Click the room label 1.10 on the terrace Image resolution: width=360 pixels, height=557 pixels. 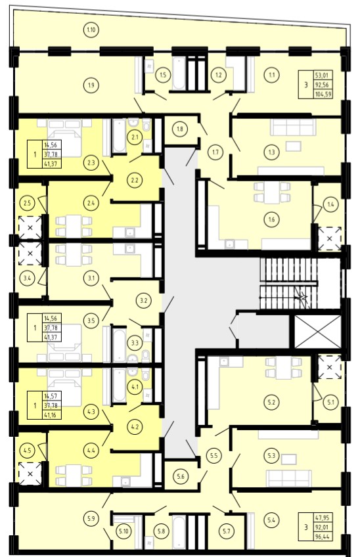[91, 30]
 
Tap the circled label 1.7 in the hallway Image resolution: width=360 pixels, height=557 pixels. [215, 152]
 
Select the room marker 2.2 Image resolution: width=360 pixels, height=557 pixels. [135, 180]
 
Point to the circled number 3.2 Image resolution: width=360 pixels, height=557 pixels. [144, 301]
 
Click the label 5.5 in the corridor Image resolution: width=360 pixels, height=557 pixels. [214, 455]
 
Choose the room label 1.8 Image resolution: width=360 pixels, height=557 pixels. [180, 129]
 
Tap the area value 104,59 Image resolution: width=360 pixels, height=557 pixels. [323, 94]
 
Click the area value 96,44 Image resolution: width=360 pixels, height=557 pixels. [323, 537]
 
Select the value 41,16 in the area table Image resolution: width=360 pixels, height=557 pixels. [52, 414]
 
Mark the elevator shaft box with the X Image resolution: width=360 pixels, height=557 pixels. [318, 332]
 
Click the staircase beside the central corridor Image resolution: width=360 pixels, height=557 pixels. [288, 284]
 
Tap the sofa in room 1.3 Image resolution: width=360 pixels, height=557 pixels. [293, 127]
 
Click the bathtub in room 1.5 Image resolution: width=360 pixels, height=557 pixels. [179, 74]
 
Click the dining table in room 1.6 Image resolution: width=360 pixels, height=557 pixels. [273, 192]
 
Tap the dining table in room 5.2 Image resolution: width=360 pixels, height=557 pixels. [284, 368]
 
